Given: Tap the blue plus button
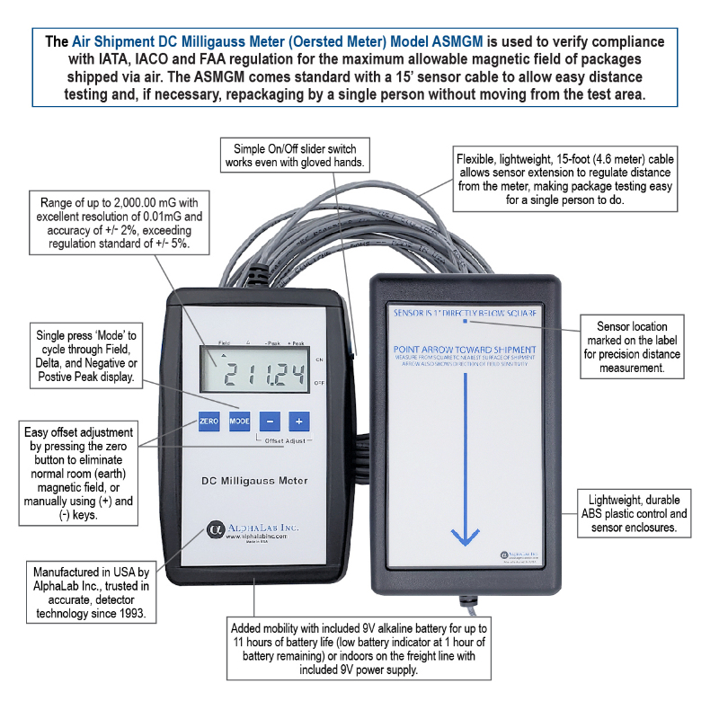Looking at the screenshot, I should (x=300, y=420).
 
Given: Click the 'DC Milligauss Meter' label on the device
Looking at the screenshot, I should (x=254, y=481).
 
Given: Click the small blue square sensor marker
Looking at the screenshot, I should (x=464, y=320).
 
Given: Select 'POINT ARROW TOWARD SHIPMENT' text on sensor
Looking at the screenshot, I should (x=465, y=349).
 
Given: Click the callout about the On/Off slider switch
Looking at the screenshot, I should (x=295, y=155).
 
